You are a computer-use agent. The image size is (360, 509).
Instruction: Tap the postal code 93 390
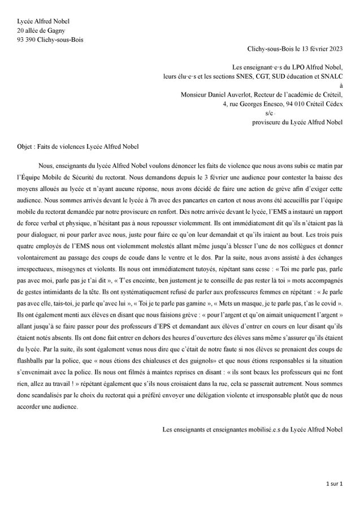point(28,40)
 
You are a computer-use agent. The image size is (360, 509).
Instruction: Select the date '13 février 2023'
point(319,50)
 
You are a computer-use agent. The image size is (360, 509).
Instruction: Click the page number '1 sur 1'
point(333,485)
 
